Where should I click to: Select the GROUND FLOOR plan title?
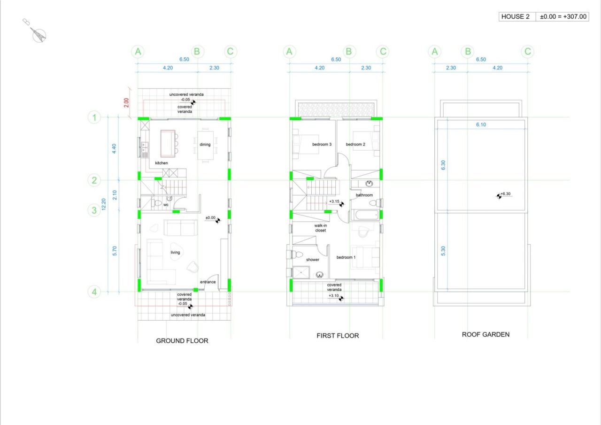[x=182, y=341]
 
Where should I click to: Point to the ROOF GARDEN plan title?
[x=485, y=334]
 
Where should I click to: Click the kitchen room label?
[x=161, y=163]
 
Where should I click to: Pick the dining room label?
[x=205, y=145]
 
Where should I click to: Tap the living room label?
[x=175, y=252]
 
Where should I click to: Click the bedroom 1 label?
[x=346, y=257]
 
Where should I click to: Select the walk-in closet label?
[x=320, y=228]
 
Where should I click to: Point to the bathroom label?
[x=364, y=195]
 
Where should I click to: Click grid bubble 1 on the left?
[x=94, y=117]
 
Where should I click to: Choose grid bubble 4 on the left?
[x=94, y=292]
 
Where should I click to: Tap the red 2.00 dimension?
[x=126, y=102]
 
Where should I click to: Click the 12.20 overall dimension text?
[x=104, y=204]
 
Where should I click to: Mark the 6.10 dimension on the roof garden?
[x=481, y=124]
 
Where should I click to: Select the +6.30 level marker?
[x=503, y=195]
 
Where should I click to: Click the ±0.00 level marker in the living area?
[x=213, y=219]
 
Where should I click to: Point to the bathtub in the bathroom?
[x=365, y=215]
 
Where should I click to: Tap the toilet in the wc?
[x=157, y=203]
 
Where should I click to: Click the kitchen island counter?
[x=168, y=144]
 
